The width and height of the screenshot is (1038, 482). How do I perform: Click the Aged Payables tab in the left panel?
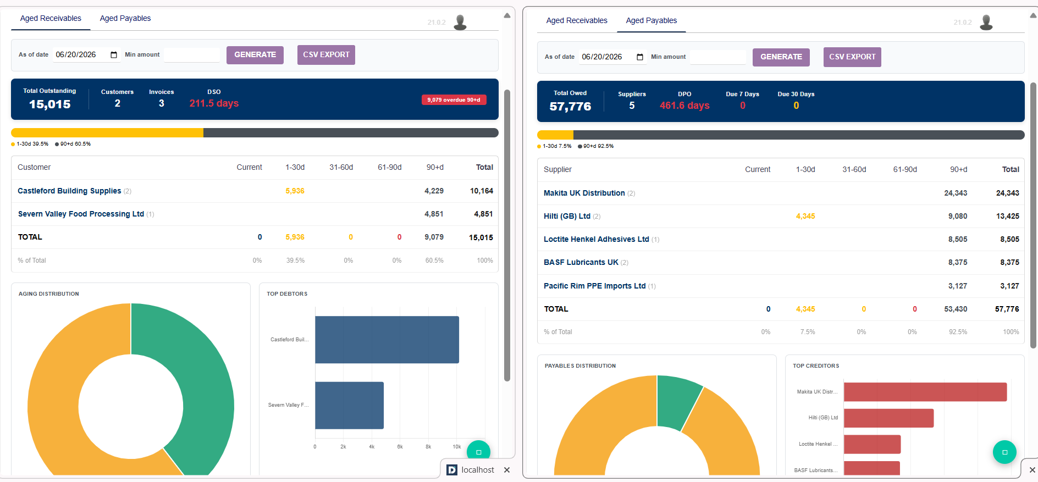pos(125,18)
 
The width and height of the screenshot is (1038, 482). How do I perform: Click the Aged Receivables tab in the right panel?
pos(577,20)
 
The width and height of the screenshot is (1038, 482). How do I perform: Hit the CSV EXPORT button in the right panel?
pos(852,57)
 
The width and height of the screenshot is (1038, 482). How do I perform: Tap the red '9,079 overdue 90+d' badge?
pos(454,100)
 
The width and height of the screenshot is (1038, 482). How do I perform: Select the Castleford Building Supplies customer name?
pos(69,191)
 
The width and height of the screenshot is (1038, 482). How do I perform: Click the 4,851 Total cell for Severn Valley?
pos(483,214)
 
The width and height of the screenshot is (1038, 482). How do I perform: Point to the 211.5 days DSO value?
pos(214,103)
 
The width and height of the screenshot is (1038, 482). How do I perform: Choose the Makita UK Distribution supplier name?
pos(584,193)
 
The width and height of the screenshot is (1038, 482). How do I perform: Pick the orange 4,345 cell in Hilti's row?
pos(805,216)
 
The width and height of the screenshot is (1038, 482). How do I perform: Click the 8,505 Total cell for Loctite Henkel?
pos(1009,239)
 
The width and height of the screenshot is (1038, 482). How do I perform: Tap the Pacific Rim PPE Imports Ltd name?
pos(594,286)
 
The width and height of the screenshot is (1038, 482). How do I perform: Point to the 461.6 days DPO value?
pos(684,106)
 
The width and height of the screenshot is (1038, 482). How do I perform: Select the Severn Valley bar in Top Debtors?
pos(349,406)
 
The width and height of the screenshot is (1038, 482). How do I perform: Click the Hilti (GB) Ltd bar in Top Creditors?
pos(888,418)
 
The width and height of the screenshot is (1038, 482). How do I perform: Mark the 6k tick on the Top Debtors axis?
pos(400,447)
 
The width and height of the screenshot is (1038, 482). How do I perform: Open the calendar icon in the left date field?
pos(114,55)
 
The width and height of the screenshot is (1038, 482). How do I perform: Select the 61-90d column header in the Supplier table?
pos(905,169)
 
